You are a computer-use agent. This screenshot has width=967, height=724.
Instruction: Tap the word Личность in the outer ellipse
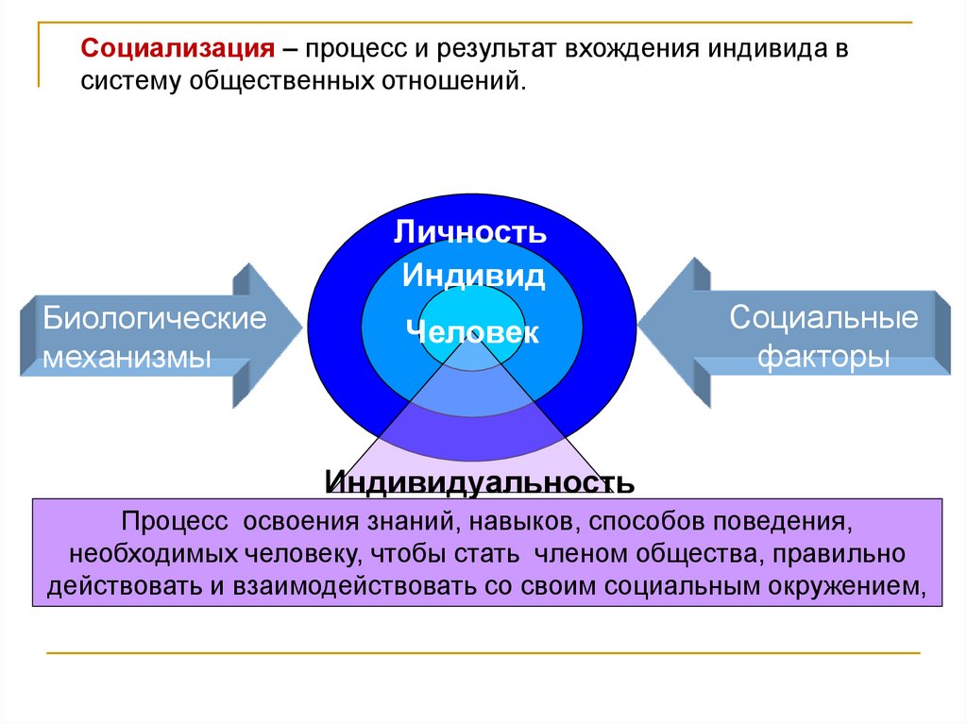click(469, 232)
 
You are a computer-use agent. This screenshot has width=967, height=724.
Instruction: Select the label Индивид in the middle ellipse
click(473, 277)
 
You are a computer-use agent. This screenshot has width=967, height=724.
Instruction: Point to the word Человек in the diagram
click(472, 332)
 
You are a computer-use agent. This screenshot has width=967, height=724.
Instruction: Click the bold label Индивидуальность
click(480, 482)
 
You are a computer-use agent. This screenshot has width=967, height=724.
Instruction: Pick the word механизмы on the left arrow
click(127, 359)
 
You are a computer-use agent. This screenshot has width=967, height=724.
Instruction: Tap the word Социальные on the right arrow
click(823, 317)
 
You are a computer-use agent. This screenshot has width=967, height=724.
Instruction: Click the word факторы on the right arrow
click(824, 359)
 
